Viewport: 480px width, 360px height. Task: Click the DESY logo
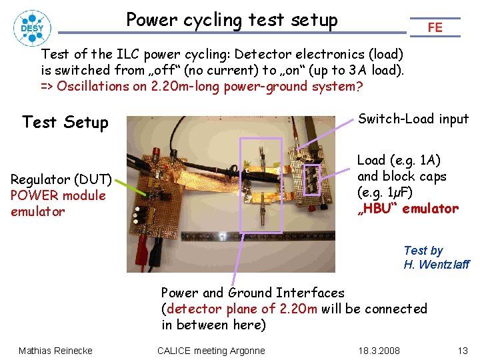coord(31,27)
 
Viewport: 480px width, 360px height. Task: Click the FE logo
coord(435,27)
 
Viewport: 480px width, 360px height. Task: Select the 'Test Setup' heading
coord(65,122)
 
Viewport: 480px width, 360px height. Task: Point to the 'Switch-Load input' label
coord(413,119)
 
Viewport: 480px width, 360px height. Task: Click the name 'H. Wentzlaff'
coord(436,265)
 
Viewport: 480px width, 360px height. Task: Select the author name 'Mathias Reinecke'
coord(55,351)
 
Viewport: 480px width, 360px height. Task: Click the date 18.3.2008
coord(379,351)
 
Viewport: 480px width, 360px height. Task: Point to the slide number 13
coord(463,351)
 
